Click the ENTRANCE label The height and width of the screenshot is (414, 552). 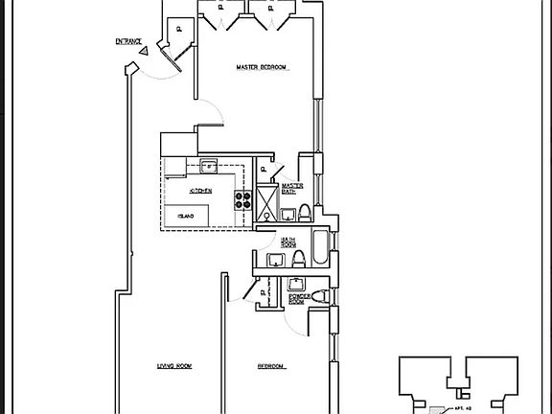pyautogui.click(x=128, y=41)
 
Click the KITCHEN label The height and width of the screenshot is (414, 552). pyautogui.click(x=200, y=192)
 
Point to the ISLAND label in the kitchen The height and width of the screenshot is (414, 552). pyautogui.click(x=187, y=217)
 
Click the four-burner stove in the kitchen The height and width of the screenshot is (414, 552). pyautogui.click(x=242, y=201)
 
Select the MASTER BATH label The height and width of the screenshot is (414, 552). pyautogui.click(x=292, y=188)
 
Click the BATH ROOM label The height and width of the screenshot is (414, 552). pyautogui.click(x=288, y=242)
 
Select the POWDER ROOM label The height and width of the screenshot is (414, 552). pyautogui.click(x=298, y=299)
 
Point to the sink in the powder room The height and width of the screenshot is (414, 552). pyautogui.click(x=297, y=283)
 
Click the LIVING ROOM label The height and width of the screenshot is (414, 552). pyautogui.click(x=175, y=366)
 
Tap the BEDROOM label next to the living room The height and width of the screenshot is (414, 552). pyautogui.click(x=270, y=366)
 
